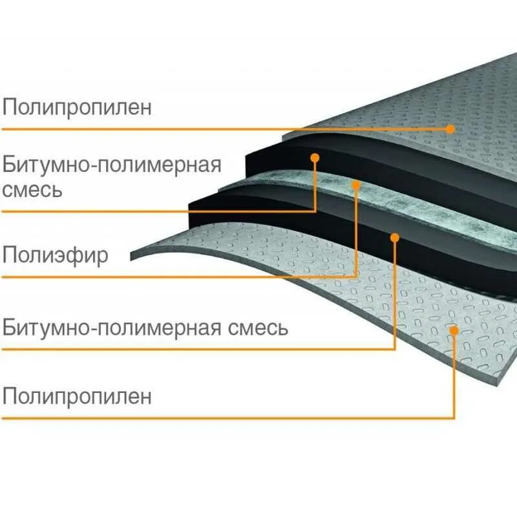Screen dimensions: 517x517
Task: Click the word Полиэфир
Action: [x=56, y=255]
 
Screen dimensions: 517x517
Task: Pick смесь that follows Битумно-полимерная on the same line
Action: [x=257, y=328]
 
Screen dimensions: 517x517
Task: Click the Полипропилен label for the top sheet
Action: [x=78, y=107]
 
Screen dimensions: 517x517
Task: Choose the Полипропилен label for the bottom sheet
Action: [x=78, y=396]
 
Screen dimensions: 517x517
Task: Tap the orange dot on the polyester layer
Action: [x=356, y=185]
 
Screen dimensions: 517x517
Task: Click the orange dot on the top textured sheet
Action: [x=450, y=129]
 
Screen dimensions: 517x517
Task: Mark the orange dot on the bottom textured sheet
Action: [x=454, y=330]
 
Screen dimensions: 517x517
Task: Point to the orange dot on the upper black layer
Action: [x=315, y=157]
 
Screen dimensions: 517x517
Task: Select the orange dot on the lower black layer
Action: [x=395, y=237]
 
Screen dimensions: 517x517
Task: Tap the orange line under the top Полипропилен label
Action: [x=194, y=129]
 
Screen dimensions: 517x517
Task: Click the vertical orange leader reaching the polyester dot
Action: [x=356, y=233]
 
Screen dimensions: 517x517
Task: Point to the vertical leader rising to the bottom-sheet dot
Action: [x=454, y=375]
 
